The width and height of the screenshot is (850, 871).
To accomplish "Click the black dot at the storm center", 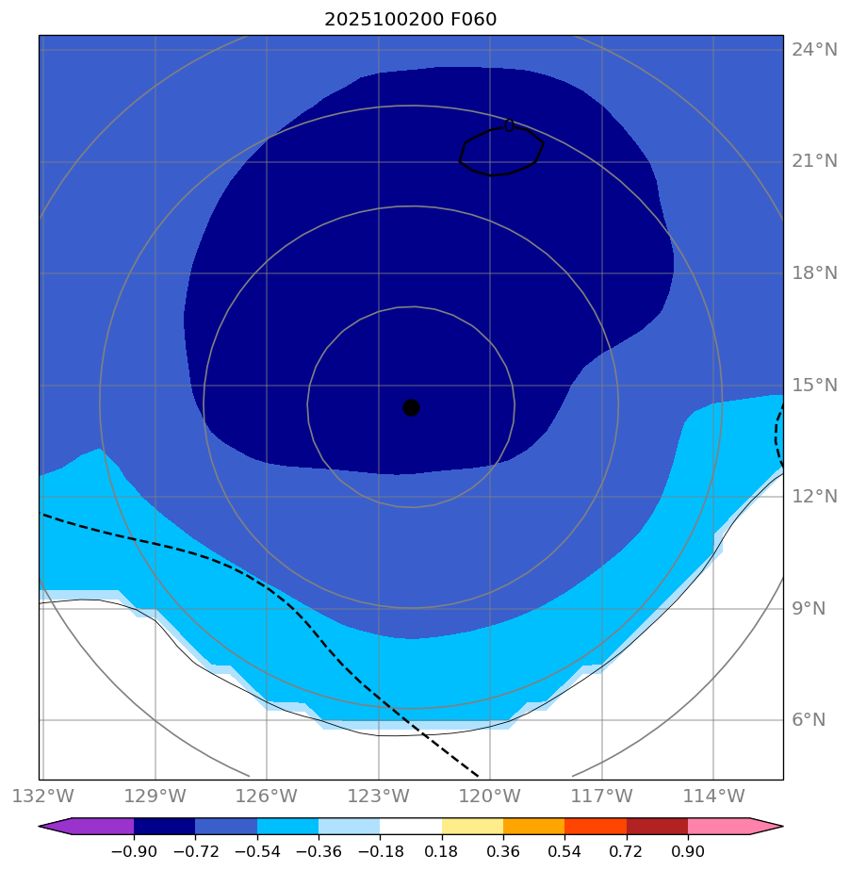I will click(x=411, y=407).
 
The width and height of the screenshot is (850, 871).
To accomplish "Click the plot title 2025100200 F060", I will click(x=410, y=19).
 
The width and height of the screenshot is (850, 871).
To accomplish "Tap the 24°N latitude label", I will click(x=814, y=50).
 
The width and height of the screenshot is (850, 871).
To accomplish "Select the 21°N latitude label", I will click(x=814, y=161).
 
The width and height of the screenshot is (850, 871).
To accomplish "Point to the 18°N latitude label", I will click(x=814, y=273).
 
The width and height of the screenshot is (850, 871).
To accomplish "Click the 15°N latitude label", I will click(x=814, y=385).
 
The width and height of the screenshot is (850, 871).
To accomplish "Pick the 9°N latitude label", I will click(x=809, y=608).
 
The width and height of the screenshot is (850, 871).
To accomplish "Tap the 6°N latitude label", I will click(x=809, y=720).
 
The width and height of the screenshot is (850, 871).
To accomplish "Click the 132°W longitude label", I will click(x=42, y=797).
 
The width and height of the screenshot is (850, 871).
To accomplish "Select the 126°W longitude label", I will click(x=267, y=797).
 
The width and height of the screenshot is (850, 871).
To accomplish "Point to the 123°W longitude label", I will click(x=379, y=797).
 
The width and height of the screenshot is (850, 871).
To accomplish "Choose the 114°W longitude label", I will click(x=713, y=797).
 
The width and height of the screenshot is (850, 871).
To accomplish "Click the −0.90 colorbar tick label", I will click(x=134, y=851).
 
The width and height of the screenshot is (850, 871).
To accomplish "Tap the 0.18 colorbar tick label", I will click(x=442, y=851).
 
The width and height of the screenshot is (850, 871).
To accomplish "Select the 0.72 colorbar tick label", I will click(x=627, y=851).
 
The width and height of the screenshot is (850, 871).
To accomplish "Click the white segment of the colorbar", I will click(x=411, y=826).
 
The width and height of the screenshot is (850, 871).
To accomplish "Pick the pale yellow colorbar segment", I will click(x=472, y=826).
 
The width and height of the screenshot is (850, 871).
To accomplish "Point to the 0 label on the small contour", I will click(x=509, y=125).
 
